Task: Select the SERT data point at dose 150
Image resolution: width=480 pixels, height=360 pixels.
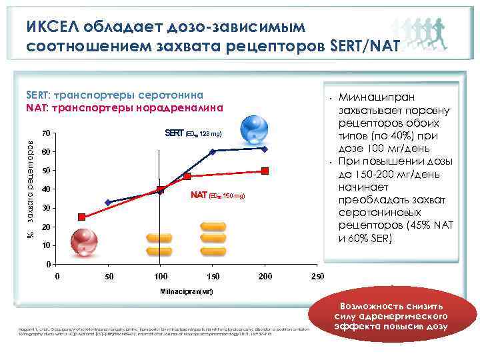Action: point(213,152)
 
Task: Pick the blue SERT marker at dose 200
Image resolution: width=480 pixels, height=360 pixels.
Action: point(265,149)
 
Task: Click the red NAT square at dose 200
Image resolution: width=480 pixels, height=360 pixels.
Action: point(265,171)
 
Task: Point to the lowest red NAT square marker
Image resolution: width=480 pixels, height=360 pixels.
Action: point(82,217)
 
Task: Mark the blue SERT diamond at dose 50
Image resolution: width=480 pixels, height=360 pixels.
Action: point(108,202)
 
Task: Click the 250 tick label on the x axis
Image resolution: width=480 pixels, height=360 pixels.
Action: point(318,276)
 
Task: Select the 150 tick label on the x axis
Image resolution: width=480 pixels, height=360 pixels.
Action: point(213,276)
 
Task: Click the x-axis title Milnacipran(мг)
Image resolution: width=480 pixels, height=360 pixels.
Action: point(186,293)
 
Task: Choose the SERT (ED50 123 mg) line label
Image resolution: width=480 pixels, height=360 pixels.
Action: point(193,134)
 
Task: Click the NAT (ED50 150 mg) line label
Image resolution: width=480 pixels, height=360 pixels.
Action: point(217,196)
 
